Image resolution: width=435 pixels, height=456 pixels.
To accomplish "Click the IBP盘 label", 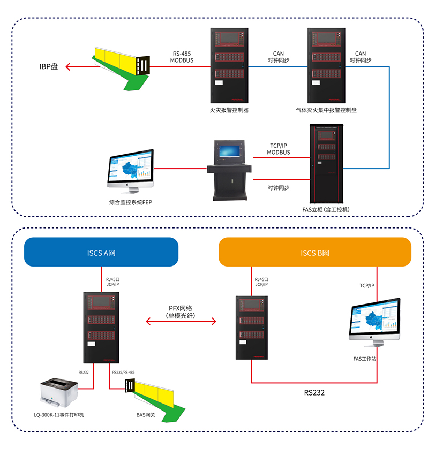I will [49, 67].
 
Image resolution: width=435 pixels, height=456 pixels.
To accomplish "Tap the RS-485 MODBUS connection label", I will [182, 57].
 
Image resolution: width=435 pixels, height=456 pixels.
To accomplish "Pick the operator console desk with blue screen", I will [229, 169].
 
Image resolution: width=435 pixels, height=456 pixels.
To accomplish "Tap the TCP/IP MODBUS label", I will [279, 149].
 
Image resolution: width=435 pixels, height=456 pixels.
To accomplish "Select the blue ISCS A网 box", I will [101, 252].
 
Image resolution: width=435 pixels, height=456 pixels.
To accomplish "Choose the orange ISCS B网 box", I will [315, 252].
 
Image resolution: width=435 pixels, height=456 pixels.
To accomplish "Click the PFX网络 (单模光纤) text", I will [181, 311].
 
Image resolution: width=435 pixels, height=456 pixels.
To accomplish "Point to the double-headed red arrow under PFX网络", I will [181, 322].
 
